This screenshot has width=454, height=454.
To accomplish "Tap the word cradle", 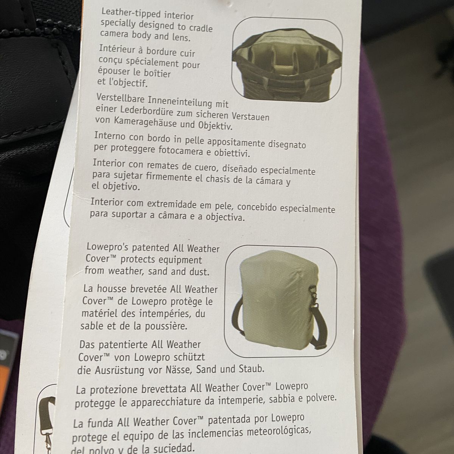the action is click(201, 28).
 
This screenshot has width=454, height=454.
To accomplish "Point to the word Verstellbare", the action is click(120, 98).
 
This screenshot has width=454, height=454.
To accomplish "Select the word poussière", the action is click(166, 327).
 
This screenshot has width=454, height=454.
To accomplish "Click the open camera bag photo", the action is click(287, 60).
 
